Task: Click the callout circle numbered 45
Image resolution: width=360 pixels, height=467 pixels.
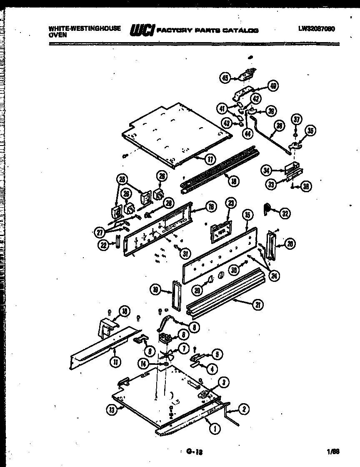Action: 225,78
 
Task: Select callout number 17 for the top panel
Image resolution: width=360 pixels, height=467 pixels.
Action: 210,158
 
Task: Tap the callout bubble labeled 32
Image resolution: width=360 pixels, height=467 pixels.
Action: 285,213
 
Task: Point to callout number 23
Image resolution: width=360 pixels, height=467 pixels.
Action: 231,203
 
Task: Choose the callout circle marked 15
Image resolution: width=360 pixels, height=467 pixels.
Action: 247,215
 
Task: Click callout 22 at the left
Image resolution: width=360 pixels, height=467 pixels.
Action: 103,246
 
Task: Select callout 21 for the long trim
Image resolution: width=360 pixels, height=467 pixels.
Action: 259,306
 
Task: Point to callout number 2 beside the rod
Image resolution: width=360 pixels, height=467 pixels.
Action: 245,409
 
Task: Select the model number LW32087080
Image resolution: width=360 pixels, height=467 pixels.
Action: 317,29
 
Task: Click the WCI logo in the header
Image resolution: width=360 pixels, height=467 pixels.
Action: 142,30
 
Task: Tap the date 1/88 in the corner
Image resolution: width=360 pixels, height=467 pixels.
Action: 333,451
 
